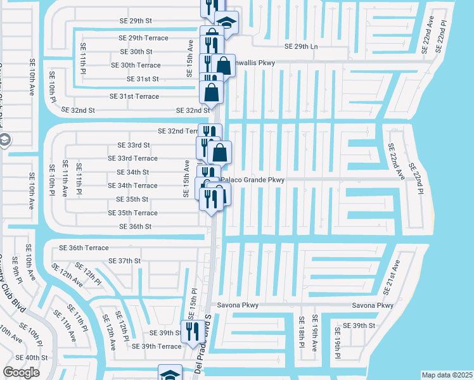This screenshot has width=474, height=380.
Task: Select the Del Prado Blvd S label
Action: pos(203,343)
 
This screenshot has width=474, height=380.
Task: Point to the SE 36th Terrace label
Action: pos(84,248)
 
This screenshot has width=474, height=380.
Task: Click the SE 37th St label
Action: pos(124,261)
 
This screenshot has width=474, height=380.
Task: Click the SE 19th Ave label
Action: pos(315,335)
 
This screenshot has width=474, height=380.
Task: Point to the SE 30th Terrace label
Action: pos(136,65)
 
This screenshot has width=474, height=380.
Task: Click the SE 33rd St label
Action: pos(133,145)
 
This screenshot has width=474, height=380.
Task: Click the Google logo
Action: pos(22,372)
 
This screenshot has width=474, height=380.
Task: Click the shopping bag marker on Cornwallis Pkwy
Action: pos(224,65)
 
